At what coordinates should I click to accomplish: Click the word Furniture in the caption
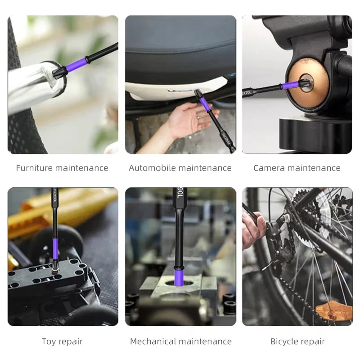coord(34,168)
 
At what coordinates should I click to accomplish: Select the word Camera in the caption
coord(269,168)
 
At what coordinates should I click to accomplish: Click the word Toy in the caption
coord(49,342)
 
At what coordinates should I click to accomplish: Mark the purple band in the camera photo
coord(288,85)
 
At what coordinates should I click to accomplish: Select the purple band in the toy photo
coord(55,248)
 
